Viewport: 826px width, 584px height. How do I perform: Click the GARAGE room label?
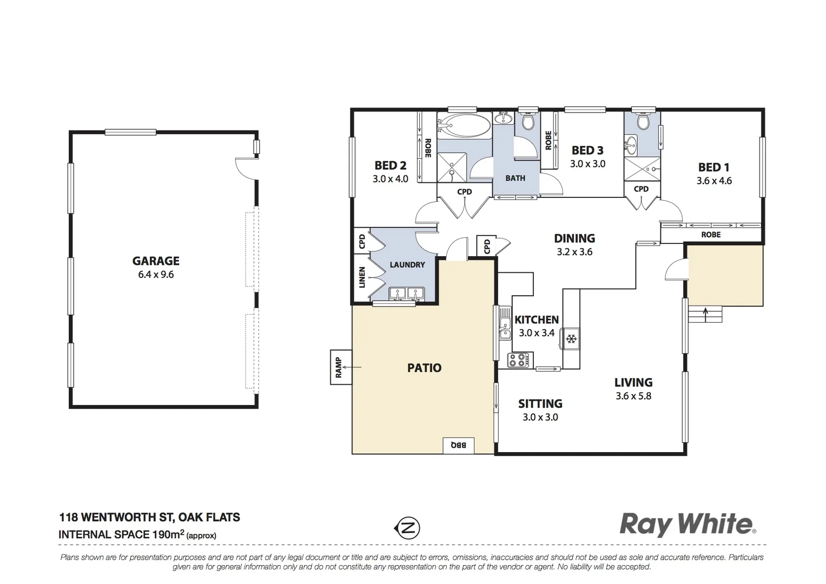[156, 261]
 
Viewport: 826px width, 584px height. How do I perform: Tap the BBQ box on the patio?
[458, 445]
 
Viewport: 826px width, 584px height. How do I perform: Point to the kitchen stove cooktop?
[519, 360]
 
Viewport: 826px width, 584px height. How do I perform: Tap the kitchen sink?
[505, 324]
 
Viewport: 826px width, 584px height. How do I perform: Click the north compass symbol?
[407, 528]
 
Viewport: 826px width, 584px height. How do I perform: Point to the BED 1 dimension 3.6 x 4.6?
[714, 181]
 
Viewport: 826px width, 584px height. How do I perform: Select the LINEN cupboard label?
[362, 277]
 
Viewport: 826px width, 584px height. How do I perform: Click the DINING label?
[574, 238]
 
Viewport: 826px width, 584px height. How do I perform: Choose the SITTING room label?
[540, 404]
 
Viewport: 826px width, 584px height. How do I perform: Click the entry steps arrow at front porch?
[705, 312]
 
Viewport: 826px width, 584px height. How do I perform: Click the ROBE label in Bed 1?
[711, 235]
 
